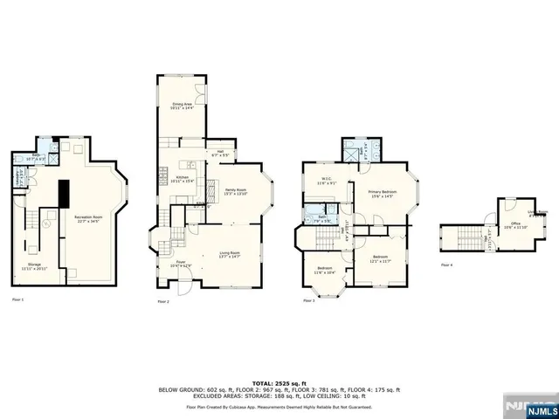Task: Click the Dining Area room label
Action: pyautogui.click(x=181, y=105)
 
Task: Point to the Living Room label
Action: pyautogui.click(x=231, y=255)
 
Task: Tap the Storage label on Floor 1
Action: pyautogui.click(x=34, y=264)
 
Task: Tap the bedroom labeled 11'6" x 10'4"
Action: pyautogui.click(x=324, y=270)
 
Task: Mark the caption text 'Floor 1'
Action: pyautogui.click(x=17, y=299)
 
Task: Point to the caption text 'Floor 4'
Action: pyautogui.click(x=447, y=264)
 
